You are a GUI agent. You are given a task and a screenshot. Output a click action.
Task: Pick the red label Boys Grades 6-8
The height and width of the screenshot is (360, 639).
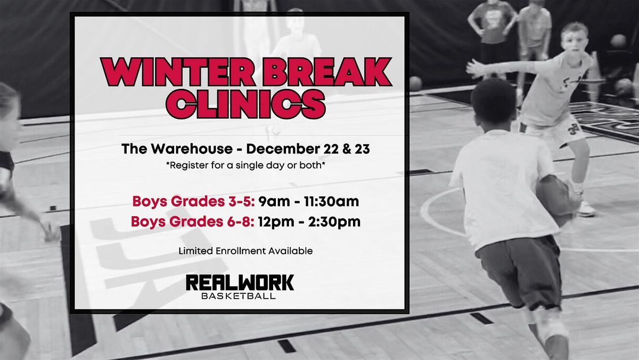(192, 221)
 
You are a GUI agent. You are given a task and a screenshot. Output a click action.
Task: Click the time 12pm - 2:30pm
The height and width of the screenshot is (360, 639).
(309, 221)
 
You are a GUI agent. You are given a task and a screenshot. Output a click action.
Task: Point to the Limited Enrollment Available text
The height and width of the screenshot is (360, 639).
(245, 250)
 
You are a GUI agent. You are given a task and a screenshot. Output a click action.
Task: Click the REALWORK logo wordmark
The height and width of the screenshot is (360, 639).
(240, 282)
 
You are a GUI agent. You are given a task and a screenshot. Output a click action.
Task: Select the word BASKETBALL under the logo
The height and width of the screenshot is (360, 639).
(239, 296)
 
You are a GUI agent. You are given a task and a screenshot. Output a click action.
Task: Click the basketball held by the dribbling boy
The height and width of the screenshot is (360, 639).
(554, 197)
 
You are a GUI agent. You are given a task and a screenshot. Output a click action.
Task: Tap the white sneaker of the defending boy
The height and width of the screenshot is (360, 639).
(586, 208)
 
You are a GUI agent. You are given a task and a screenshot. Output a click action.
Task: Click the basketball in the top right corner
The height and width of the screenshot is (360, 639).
(618, 40)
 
